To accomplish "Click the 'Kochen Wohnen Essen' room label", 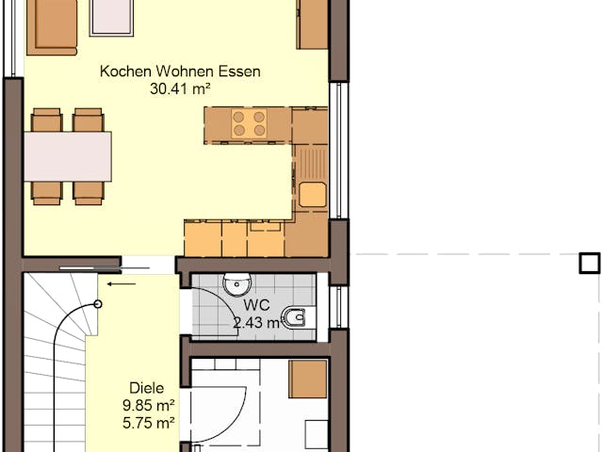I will click(x=180, y=72).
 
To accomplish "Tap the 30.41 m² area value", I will click(x=179, y=89).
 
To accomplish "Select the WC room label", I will click(x=256, y=305).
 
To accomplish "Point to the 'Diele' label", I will click(x=146, y=387).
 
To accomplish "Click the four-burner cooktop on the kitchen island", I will click(x=249, y=124).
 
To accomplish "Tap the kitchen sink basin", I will click(x=312, y=195).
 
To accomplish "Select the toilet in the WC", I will click(x=296, y=317).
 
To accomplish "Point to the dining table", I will click(x=67, y=155).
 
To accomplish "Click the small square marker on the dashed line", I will click(x=590, y=263).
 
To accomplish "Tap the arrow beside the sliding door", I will click(x=121, y=282).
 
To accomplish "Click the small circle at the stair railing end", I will click(x=98, y=304).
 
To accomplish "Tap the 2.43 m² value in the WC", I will click(x=256, y=323).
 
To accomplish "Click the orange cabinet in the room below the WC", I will click(x=308, y=379).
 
